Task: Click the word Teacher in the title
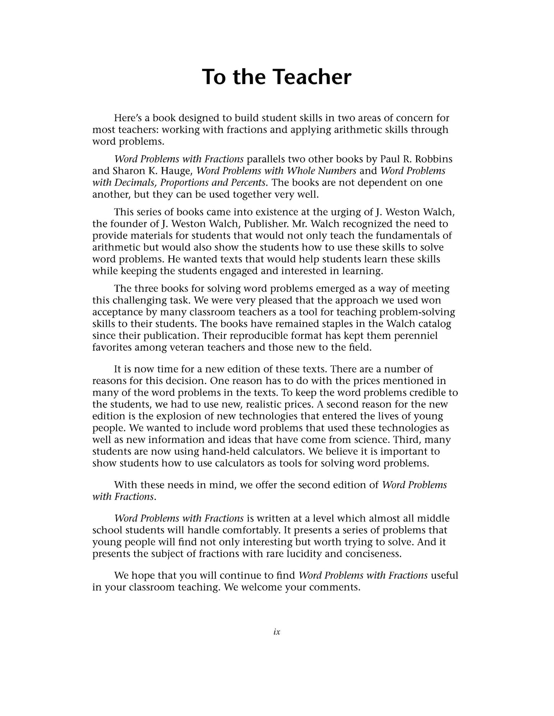pos(313,77)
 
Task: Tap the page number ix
pos(277,632)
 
